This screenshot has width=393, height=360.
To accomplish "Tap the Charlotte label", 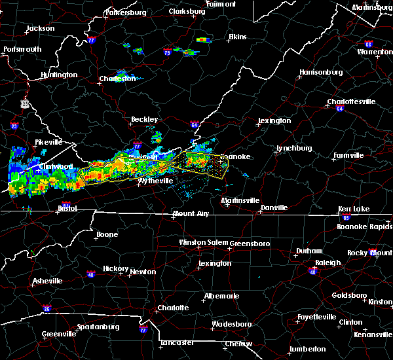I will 173,308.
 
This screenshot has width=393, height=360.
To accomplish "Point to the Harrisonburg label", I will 321,71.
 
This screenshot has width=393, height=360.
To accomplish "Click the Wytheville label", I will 155,180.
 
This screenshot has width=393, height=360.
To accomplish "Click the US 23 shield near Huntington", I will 25,103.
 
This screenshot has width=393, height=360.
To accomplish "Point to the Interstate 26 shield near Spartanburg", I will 46,308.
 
